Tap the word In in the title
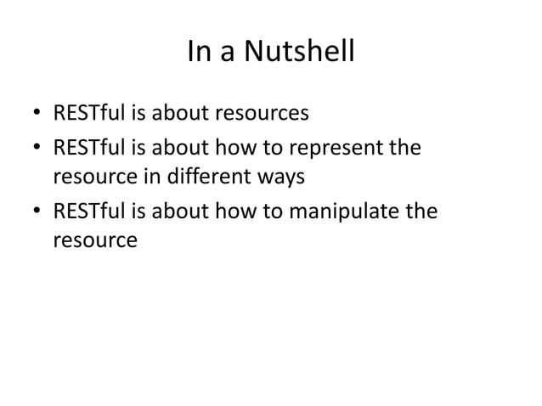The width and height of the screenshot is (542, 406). click(x=195, y=54)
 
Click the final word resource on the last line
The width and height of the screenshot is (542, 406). click(x=94, y=242)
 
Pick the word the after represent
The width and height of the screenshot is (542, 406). click(x=405, y=150)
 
